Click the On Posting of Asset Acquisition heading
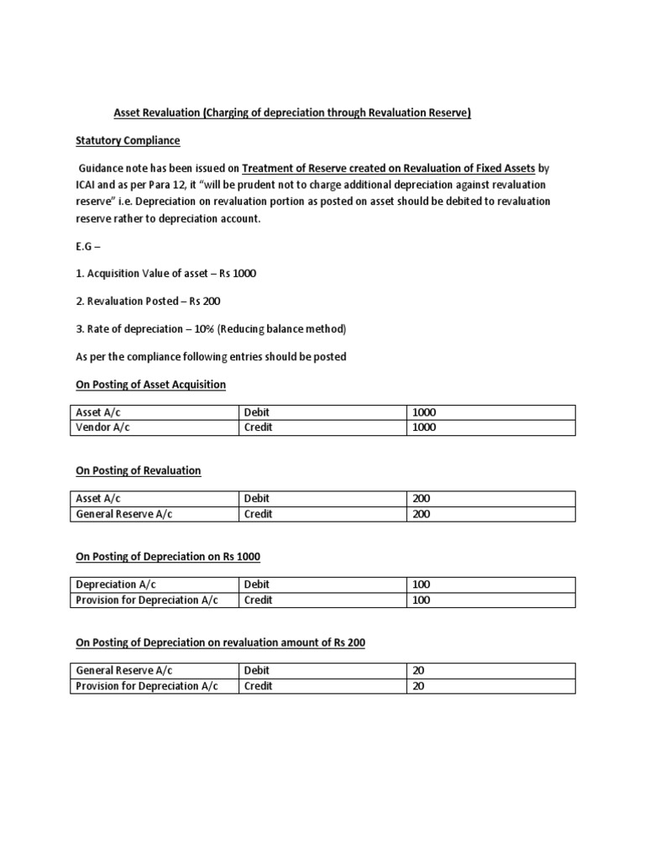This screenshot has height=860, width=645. (x=151, y=384)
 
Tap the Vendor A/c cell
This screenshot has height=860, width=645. (x=103, y=427)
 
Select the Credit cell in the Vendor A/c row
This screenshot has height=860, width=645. (x=258, y=427)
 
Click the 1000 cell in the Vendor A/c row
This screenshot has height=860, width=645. (x=424, y=427)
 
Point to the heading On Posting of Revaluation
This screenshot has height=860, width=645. (x=139, y=470)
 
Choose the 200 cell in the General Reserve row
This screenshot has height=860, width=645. (x=421, y=514)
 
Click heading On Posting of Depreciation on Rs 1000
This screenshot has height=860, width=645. (x=174, y=557)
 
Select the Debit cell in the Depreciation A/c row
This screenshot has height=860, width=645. (x=257, y=585)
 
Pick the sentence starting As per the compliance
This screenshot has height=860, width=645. (x=211, y=356)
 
